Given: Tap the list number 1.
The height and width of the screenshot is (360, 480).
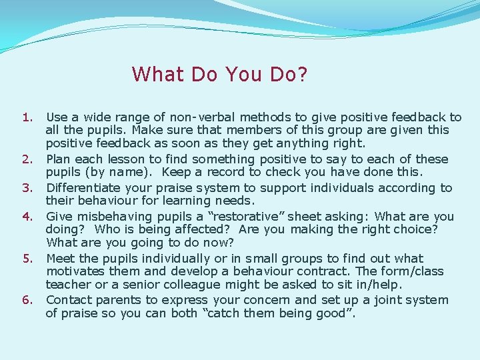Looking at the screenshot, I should coord(27,117).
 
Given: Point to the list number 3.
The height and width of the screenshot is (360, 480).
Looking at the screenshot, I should coord(27,188).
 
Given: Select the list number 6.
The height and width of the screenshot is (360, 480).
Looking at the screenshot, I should coord(27,300).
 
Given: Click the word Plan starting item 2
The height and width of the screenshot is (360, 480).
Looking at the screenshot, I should coord(58,159).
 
